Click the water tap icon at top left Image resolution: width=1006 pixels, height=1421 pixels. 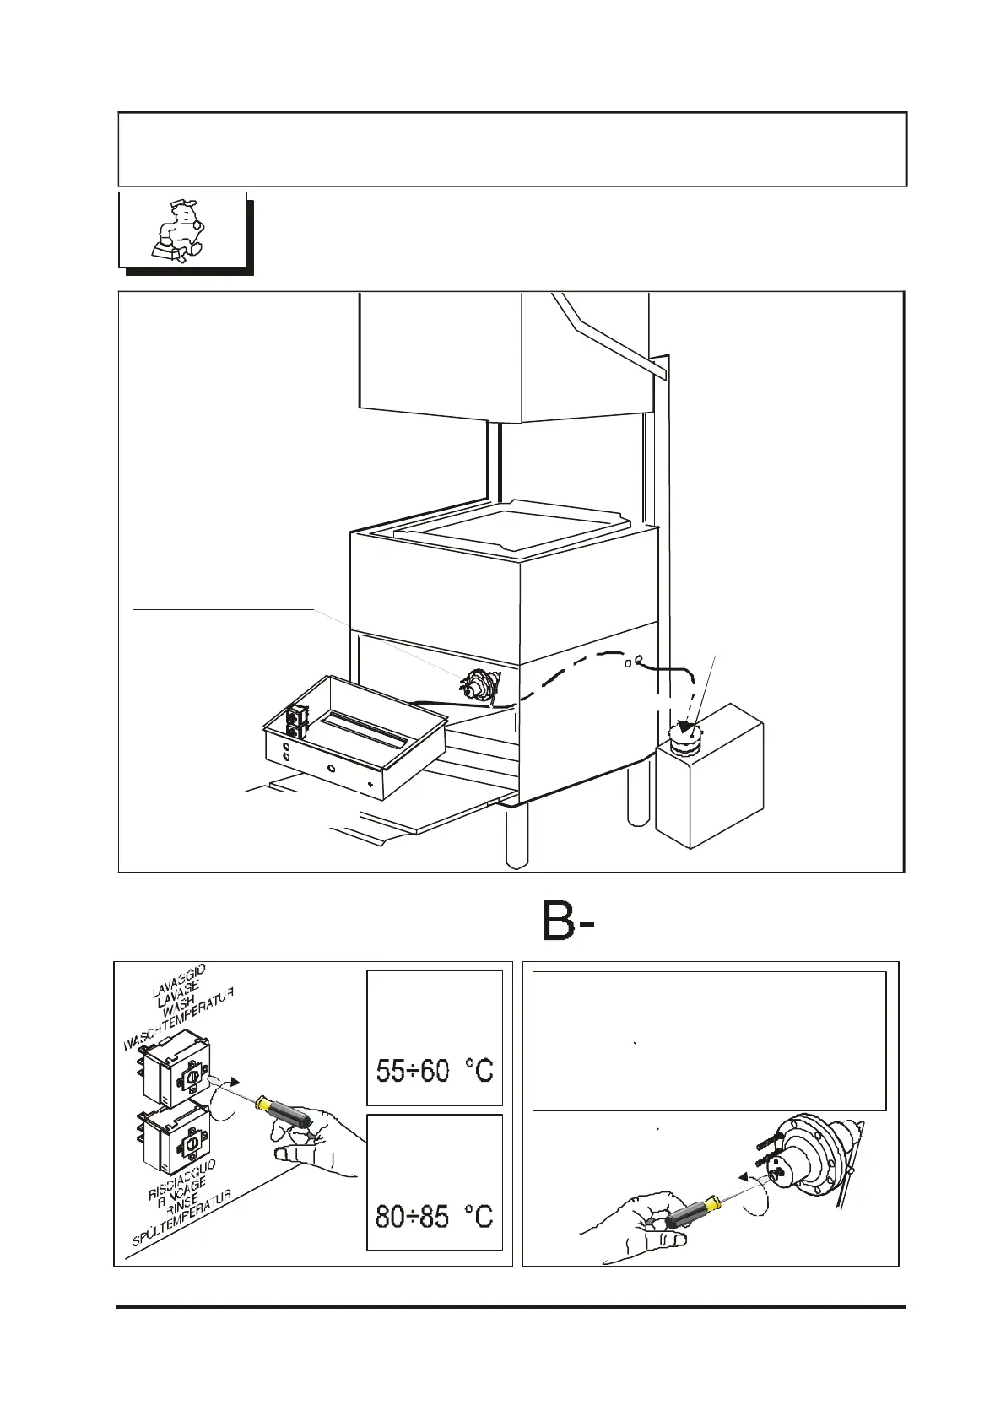(x=180, y=230)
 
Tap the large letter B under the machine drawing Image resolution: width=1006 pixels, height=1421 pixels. (x=559, y=921)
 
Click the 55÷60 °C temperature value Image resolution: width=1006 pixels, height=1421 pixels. (x=434, y=1071)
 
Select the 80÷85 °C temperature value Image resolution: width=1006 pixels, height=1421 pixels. (x=434, y=1216)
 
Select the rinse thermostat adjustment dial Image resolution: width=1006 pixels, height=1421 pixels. (x=192, y=1143)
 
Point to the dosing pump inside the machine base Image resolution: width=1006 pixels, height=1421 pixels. (x=478, y=684)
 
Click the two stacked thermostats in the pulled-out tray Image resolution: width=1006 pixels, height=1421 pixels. (x=296, y=722)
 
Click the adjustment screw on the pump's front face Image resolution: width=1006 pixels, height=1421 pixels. (x=779, y=1172)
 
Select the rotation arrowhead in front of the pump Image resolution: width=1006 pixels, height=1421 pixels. (x=744, y=1175)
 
